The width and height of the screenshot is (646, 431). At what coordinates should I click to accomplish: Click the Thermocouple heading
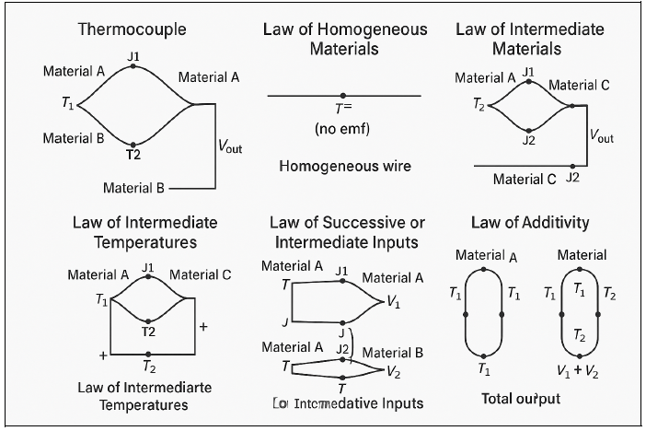133,29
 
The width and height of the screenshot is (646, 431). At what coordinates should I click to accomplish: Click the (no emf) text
342,128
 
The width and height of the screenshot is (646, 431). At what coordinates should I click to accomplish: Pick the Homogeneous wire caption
344,167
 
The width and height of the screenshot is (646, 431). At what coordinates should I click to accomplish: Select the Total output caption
521,399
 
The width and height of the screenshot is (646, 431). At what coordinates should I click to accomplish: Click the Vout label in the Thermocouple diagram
230,145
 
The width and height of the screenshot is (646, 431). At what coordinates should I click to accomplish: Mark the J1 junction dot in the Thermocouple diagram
133,67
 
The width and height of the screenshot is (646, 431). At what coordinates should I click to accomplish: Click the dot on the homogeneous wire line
343,96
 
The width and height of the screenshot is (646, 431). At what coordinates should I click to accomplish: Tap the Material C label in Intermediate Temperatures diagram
200,274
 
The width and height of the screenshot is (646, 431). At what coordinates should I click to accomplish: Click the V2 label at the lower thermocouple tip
394,372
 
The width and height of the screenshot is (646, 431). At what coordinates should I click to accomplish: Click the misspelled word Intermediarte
164,387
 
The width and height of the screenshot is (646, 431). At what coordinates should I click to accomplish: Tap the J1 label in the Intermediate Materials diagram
528,71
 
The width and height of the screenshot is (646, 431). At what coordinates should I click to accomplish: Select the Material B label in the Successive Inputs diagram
393,353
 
